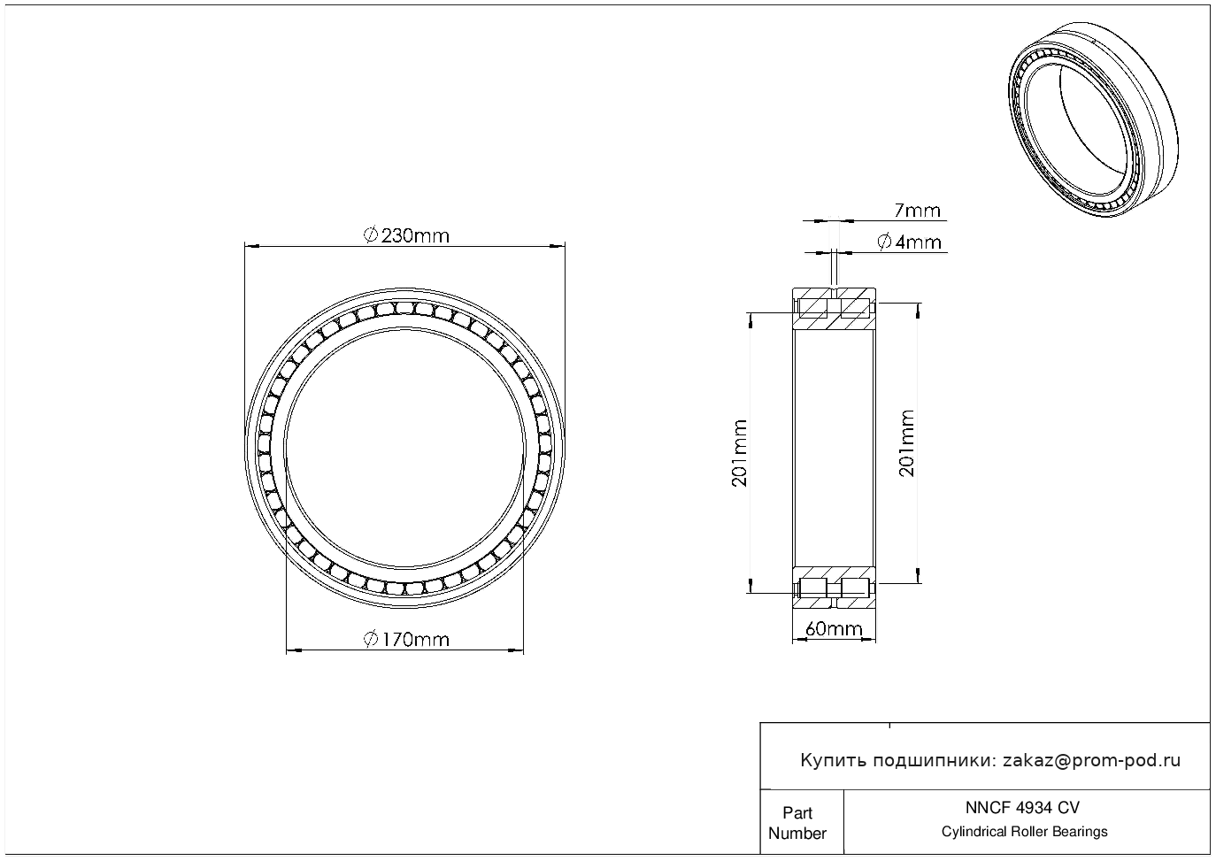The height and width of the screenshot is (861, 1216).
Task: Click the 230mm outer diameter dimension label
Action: point(406,235)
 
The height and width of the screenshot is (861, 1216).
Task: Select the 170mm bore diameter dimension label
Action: point(406,640)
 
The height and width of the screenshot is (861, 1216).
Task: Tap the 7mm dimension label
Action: point(918,211)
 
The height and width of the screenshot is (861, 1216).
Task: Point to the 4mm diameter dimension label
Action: point(909,242)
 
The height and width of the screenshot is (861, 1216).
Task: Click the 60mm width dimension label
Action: point(834,628)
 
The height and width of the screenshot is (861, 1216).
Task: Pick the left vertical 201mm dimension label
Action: point(740,453)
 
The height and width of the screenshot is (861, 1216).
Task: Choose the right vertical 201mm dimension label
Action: point(906,443)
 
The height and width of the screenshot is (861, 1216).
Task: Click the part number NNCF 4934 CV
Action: point(1022,808)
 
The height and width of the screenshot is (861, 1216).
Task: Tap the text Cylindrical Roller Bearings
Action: point(1024,832)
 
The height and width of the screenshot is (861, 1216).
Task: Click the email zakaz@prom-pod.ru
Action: point(1091,761)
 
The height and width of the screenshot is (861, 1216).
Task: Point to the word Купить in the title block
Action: point(833,761)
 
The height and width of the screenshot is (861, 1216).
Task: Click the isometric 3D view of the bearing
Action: point(1093,119)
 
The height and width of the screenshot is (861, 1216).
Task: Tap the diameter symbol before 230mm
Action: point(370,235)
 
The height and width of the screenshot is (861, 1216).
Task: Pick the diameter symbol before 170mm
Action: point(370,640)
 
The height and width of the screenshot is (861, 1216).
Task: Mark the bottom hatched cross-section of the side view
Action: point(834,588)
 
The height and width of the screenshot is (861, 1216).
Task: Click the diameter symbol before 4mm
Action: point(885,242)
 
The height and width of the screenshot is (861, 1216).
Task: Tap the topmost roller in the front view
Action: point(404,308)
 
